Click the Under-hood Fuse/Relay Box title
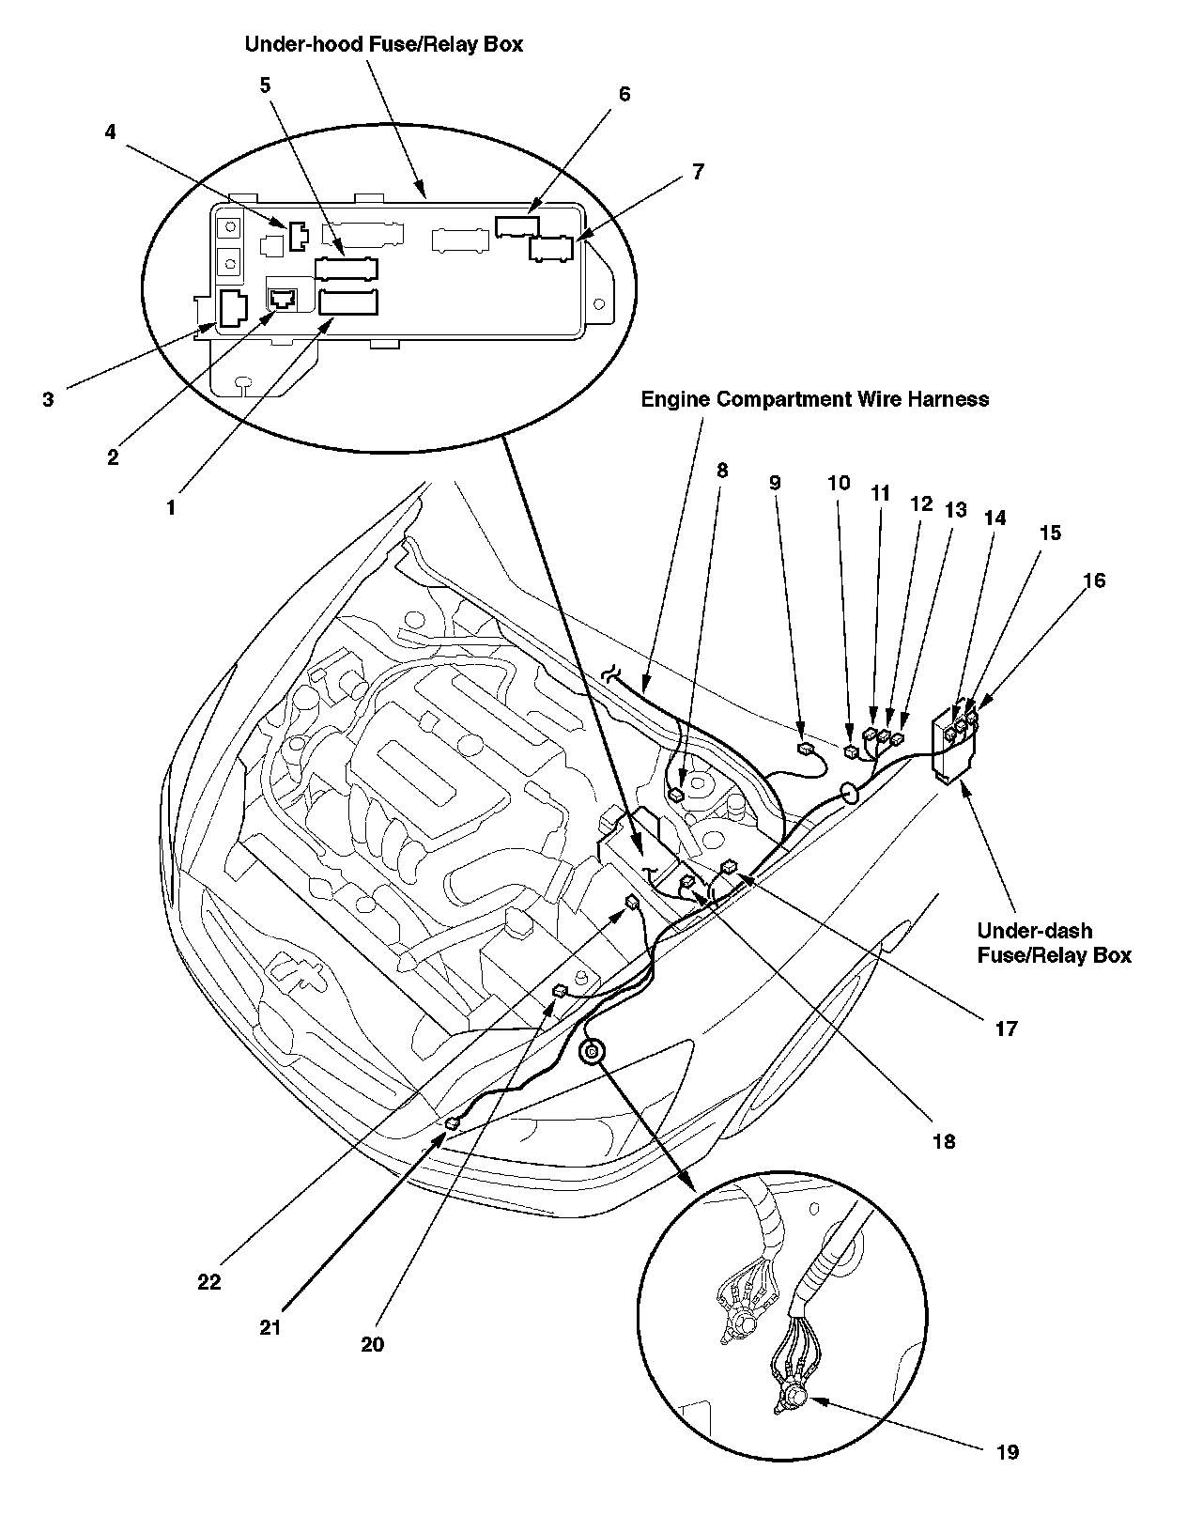tap(383, 44)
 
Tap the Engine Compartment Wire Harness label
tap(814, 399)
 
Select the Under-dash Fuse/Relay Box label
tap(1054, 943)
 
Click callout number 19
tap(1006, 1452)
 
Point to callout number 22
tap(208, 1281)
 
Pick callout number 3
tap(48, 399)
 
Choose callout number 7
tap(697, 172)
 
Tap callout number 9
tap(775, 483)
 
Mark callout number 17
tap(1006, 1029)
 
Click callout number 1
tap(170, 507)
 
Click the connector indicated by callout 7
tap(551, 249)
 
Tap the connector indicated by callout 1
tap(348, 302)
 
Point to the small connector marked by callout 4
tap(298, 236)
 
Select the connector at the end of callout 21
tap(453, 1123)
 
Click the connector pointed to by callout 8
tap(676, 796)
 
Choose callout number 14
tap(994, 517)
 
